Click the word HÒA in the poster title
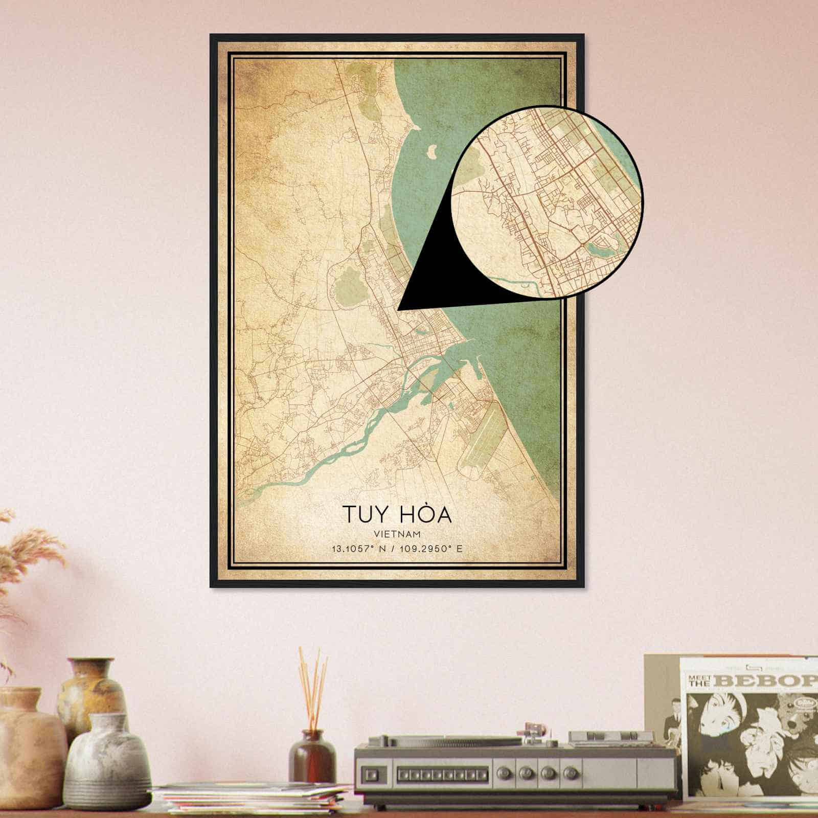pyautogui.click(x=428, y=514)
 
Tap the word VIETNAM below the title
pyautogui.click(x=397, y=534)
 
